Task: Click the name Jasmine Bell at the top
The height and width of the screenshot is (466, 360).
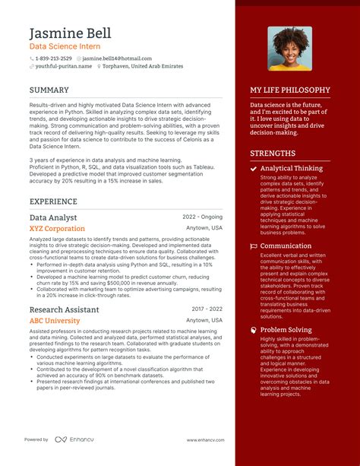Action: click(x=70, y=33)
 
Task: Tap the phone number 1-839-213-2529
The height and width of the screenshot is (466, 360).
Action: click(x=55, y=59)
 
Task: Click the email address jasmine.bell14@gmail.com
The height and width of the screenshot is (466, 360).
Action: click(x=117, y=59)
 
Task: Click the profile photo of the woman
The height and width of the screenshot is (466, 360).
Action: click(x=289, y=49)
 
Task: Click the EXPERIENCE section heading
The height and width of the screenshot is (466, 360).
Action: click(x=53, y=201)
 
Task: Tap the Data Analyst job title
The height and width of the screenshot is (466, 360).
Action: click(x=53, y=217)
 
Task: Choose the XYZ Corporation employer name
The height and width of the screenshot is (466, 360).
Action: click(x=57, y=228)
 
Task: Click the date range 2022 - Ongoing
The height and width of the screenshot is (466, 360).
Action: click(x=203, y=217)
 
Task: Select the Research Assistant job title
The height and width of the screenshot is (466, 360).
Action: click(x=65, y=309)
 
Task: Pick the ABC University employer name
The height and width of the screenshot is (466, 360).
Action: click(x=55, y=321)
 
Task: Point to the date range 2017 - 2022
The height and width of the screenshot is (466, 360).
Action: click(x=207, y=309)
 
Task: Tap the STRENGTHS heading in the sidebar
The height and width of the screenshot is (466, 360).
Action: click(x=273, y=153)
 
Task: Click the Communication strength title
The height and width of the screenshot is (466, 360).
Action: click(x=287, y=246)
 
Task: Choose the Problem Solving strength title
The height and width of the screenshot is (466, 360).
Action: click(x=286, y=330)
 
